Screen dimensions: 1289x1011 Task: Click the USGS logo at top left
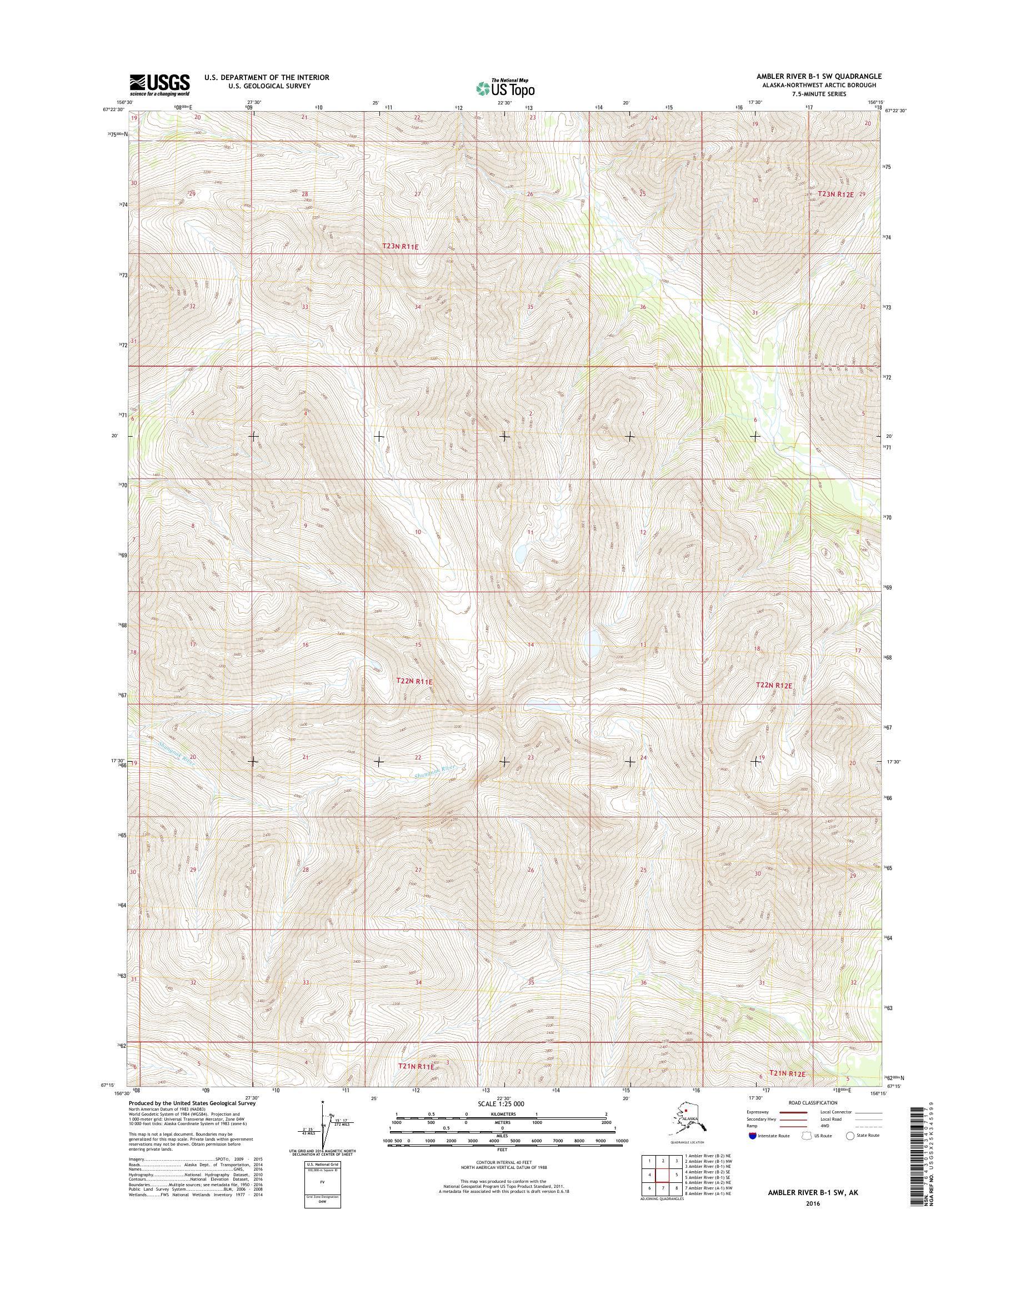pos(160,84)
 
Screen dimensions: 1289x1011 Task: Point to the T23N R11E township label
pos(400,246)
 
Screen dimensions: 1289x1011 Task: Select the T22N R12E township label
pos(774,685)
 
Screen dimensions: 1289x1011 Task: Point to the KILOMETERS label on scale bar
pos(501,1114)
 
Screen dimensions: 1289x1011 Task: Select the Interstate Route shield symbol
pos(753,1135)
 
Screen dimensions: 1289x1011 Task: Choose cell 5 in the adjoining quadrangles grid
pos(675,1175)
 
